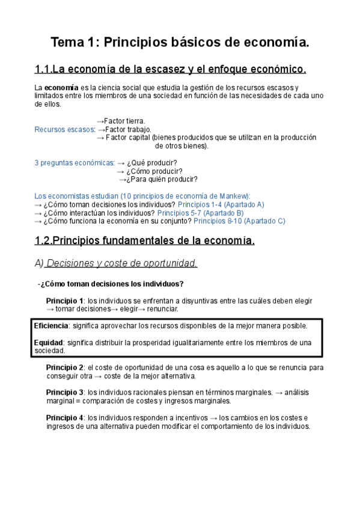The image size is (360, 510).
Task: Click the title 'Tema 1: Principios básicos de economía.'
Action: [180, 43]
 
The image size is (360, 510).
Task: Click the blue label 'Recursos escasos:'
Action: [65, 129]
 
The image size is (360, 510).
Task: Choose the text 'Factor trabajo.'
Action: [129, 129]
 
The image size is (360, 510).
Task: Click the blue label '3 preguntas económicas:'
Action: [75, 162]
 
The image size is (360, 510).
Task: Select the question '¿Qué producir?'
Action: [152, 162]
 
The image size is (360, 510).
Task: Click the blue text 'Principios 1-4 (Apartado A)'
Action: [221, 204]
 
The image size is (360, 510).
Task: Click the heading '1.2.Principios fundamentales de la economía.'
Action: [145, 241]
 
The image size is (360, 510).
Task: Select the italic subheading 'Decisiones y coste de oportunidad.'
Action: [122, 263]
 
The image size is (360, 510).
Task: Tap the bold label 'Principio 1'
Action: [65, 301]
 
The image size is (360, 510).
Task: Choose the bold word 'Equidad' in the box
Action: [49, 342]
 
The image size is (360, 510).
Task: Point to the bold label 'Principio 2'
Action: [65, 367]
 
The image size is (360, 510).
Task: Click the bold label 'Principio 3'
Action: [65, 392]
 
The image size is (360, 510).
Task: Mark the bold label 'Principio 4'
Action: [65, 417]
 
